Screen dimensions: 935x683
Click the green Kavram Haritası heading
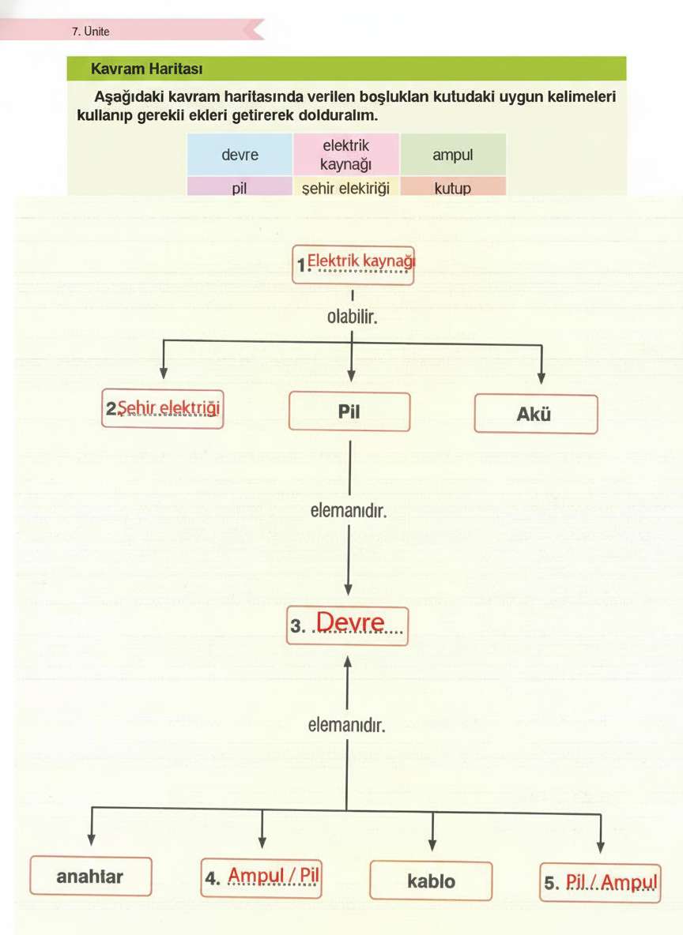(x=148, y=69)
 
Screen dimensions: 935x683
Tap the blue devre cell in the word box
(x=240, y=155)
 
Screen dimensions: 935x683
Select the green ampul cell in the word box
(x=452, y=155)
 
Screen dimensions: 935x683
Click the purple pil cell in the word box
(x=240, y=189)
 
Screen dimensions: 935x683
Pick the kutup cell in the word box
(x=452, y=189)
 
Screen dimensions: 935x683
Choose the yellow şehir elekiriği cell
(x=346, y=189)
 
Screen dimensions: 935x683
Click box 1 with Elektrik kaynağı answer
(x=353, y=264)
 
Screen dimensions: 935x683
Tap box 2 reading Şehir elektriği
(x=163, y=409)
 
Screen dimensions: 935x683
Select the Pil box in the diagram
(x=349, y=411)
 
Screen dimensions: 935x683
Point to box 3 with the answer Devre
(x=348, y=625)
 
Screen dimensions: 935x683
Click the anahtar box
(x=90, y=876)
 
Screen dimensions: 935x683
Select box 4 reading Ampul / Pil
(x=262, y=877)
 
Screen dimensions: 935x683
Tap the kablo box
(x=431, y=881)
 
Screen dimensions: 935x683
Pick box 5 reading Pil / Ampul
(x=600, y=882)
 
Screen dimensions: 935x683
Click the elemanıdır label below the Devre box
(x=346, y=723)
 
